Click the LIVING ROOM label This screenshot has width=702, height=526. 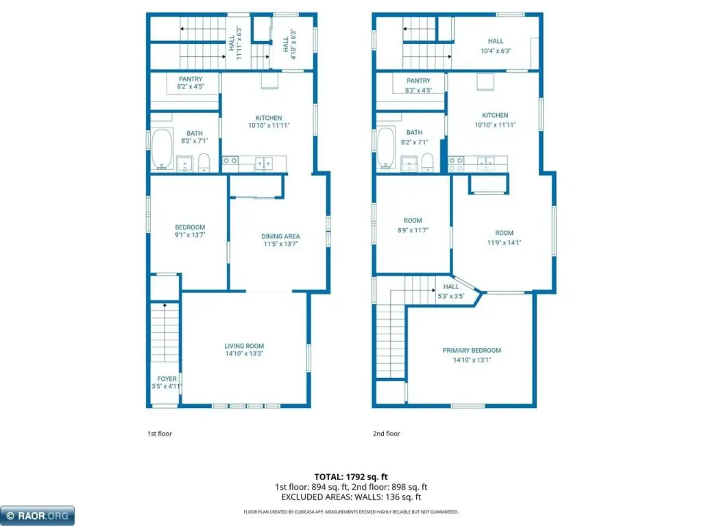tap(244, 346)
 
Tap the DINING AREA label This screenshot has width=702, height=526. tap(280, 236)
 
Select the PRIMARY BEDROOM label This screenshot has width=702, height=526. tap(472, 350)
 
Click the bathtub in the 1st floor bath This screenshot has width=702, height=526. tap(162, 149)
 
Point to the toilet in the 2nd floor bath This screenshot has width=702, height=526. tap(428, 162)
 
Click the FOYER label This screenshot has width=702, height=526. tap(167, 379)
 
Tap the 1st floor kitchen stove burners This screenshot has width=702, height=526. tap(230, 160)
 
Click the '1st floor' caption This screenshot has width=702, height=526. tap(160, 434)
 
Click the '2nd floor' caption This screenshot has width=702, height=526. tap(387, 434)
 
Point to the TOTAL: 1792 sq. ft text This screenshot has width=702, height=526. tap(351, 477)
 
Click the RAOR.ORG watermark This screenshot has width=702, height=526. tap(38, 516)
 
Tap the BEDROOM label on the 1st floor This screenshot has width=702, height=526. tap(190, 227)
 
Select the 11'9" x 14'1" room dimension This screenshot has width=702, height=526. tap(504, 242)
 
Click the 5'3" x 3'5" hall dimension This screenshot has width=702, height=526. tap(451, 296)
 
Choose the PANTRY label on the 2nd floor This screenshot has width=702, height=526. tap(419, 81)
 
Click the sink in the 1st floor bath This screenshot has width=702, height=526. tap(184, 164)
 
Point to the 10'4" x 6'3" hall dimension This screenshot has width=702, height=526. tap(496, 51)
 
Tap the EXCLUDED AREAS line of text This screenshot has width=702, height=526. tap(351, 497)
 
